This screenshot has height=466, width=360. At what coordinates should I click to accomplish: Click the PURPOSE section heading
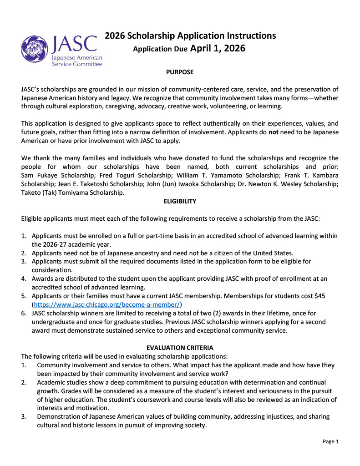(180, 72)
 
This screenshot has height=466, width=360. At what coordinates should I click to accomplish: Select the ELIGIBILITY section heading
(180, 201)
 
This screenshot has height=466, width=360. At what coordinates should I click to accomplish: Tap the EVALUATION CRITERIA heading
(180, 348)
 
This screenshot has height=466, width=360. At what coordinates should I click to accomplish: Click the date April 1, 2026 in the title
(218, 48)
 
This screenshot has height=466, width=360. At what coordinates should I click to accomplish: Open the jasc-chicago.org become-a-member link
(107, 304)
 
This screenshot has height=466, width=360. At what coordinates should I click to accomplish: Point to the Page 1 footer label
(331, 441)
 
